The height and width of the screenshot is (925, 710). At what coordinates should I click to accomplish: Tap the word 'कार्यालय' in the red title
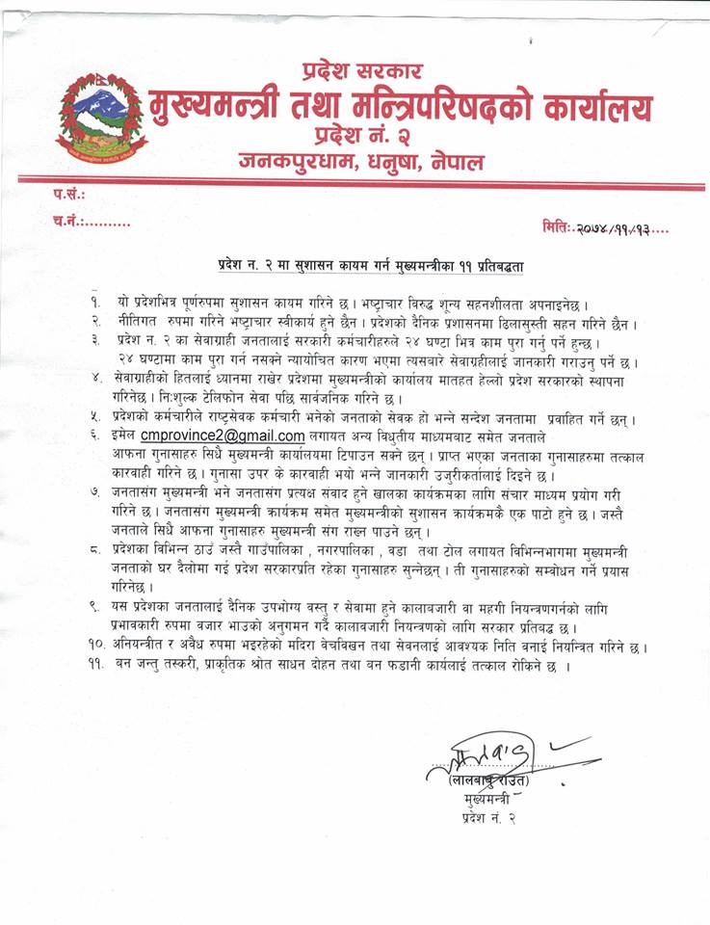coord(578,105)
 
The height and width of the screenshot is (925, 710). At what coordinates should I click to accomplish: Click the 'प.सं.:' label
coord(70,195)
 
